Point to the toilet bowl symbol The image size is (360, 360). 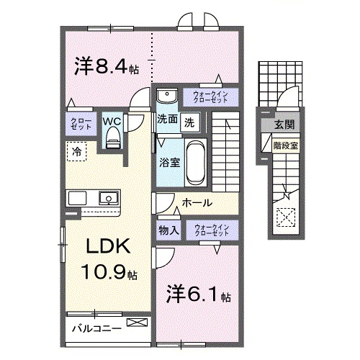tap(112, 140)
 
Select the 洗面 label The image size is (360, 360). tap(168, 121)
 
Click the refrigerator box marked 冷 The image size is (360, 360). tap(76, 152)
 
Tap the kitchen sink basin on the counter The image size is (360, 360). tap(108, 197)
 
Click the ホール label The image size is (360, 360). tap(197, 204)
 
